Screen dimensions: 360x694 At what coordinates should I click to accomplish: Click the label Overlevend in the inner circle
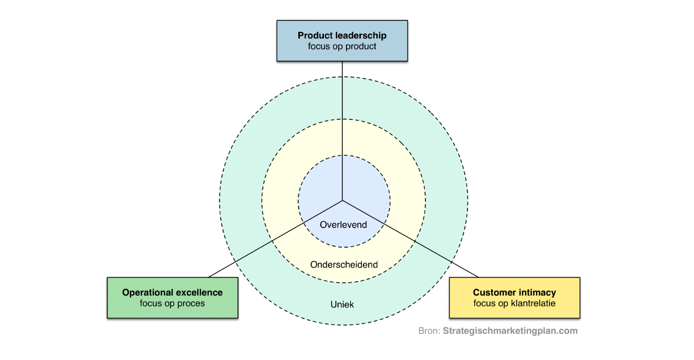pos(343,225)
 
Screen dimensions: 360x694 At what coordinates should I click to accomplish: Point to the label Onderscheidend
pos(344,265)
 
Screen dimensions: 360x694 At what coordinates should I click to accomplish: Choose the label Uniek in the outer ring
pos(342,305)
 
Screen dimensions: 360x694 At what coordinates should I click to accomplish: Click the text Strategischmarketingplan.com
pos(510,331)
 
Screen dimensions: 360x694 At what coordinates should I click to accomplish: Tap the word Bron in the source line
pos(428,331)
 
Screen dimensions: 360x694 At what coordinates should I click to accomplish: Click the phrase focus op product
pos(342,46)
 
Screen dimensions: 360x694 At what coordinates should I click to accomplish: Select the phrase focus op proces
pos(172,303)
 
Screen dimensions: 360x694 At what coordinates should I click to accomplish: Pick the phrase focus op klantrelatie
pos(514,303)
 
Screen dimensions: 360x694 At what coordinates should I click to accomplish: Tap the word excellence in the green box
pos(199,292)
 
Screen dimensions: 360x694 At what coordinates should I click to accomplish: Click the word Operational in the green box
pos(147,292)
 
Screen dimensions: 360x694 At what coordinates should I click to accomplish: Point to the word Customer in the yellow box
pos(494,292)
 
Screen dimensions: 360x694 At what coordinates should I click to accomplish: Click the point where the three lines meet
pos(342,200)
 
